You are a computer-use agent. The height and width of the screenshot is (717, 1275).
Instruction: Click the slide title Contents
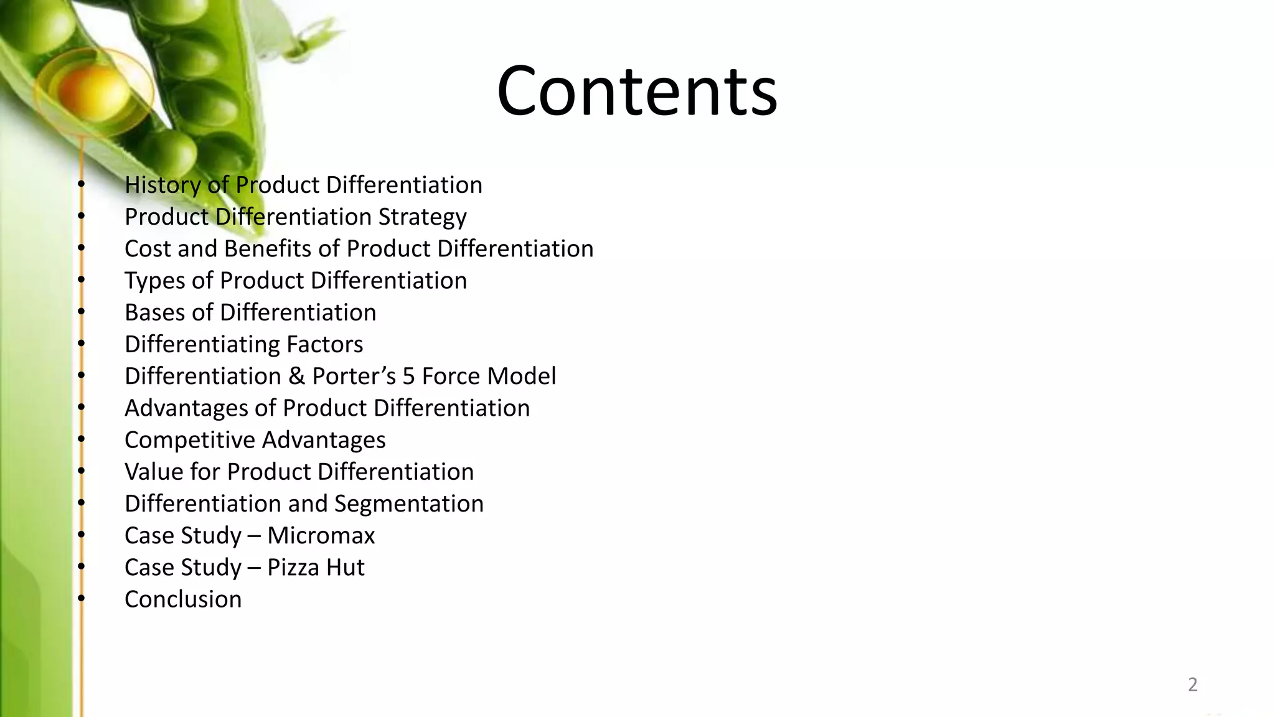coord(637,91)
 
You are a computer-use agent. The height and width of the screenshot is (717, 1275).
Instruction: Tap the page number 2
coord(1192,684)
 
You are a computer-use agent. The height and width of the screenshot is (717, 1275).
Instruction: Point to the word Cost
coord(148,248)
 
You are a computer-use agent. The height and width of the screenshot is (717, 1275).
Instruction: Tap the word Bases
coord(154,312)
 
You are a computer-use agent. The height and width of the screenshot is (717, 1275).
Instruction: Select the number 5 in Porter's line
coord(408,376)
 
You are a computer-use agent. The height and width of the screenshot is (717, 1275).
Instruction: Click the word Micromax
coord(321,535)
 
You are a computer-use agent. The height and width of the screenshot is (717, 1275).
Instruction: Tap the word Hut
coord(346,567)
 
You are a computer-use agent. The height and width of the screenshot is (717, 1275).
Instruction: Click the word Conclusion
coord(183,599)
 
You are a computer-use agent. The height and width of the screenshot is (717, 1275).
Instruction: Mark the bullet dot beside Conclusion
coord(80,599)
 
